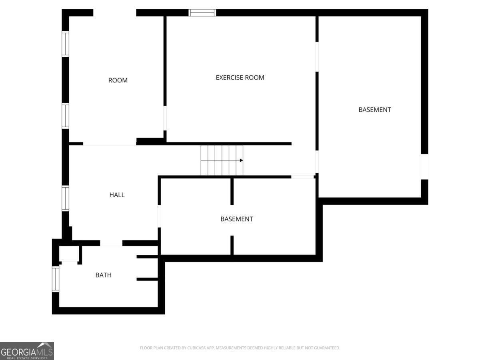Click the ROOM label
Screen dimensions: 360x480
[118, 80]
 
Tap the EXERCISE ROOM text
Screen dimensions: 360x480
[240, 78]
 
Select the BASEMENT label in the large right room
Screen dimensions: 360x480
[374, 110]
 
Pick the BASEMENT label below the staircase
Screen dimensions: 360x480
[236, 219]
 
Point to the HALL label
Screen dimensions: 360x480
[117, 195]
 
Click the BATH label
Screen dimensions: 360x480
[103, 275]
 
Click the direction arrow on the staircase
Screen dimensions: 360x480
[241, 160]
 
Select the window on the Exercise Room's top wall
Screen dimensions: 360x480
[202, 13]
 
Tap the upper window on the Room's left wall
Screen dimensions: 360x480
[65, 44]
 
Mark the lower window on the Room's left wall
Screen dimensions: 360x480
[65, 116]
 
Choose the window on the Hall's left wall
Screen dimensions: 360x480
[65, 198]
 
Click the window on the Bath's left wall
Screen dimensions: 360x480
[56, 279]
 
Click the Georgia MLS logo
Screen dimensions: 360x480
[27, 351]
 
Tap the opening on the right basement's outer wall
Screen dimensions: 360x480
[424, 166]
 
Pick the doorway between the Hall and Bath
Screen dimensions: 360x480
[111, 243]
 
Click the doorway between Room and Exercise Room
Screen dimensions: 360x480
[165, 118]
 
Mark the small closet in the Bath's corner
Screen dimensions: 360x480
[69, 254]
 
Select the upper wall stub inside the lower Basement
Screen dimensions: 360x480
[232, 191]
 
